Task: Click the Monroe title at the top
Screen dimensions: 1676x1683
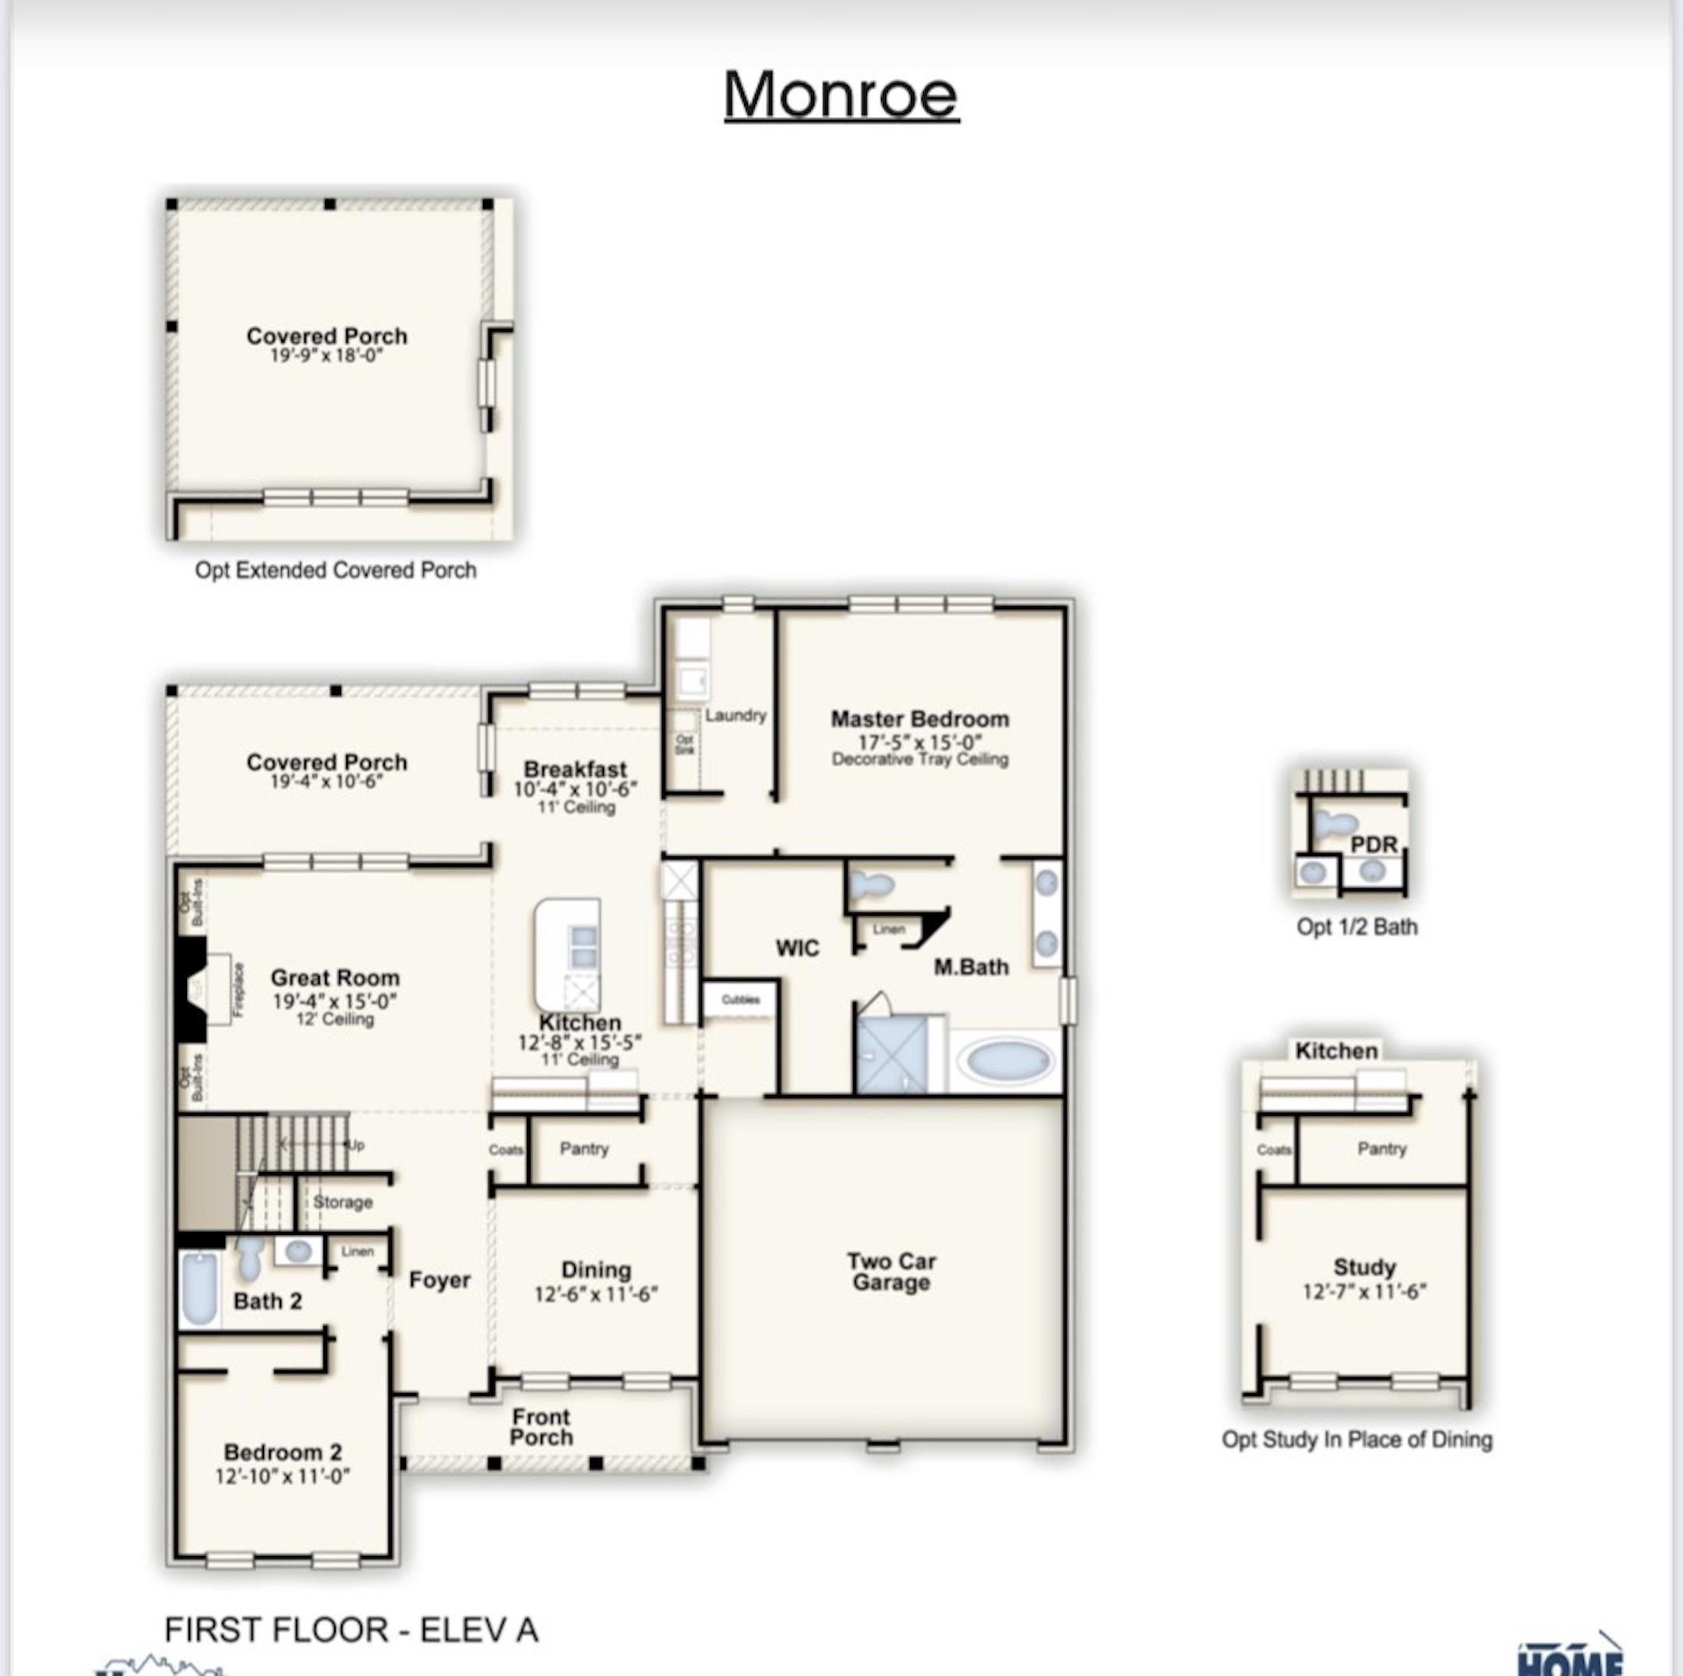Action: [841, 94]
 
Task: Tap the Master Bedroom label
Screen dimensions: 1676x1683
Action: [919, 719]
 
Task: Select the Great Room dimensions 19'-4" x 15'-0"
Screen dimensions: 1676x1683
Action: [334, 1002]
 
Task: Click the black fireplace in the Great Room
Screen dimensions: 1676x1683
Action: [191, 989]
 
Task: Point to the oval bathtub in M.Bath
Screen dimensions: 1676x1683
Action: [1008, 1061]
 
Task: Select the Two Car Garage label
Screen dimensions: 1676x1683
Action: [891, 1272]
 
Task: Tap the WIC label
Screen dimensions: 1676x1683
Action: [797, 947]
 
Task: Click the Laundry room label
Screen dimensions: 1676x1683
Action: [736, 715]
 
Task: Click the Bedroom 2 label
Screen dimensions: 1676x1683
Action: [282, 1452]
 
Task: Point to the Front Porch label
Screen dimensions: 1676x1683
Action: [541, 1427]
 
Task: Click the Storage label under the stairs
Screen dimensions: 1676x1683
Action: [342, 1202]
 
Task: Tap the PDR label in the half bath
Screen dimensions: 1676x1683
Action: [1374, 844]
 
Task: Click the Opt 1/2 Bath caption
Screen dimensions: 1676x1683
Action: [1357, 927]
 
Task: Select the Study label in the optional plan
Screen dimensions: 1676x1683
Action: [1364, 1268]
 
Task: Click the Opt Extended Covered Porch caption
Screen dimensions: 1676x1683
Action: [335, 570]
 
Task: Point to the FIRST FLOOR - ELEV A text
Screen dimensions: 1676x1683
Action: [351, 1629]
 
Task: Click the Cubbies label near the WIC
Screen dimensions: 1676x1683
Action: [740, 999]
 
